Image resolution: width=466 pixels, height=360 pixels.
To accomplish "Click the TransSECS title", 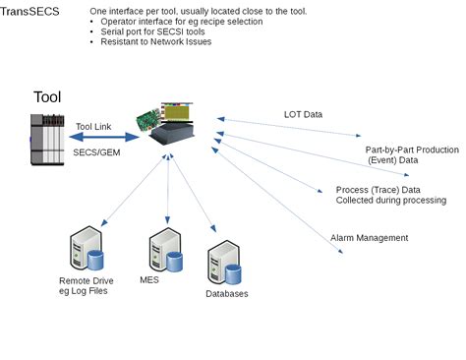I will (30, 12).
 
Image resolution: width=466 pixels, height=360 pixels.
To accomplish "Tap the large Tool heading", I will (46, 96).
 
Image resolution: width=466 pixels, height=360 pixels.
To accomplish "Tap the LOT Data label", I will (303, 114).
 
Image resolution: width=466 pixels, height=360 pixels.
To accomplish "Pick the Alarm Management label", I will (370, 237).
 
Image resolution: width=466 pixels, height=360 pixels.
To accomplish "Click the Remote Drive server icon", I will (86, 252).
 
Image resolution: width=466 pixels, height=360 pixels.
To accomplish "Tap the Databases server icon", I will (225, 264).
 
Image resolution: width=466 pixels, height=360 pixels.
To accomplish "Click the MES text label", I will (148, 280).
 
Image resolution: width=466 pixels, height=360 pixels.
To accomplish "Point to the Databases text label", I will (226, 293).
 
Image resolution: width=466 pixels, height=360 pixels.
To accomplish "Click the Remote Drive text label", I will (86, 285).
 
